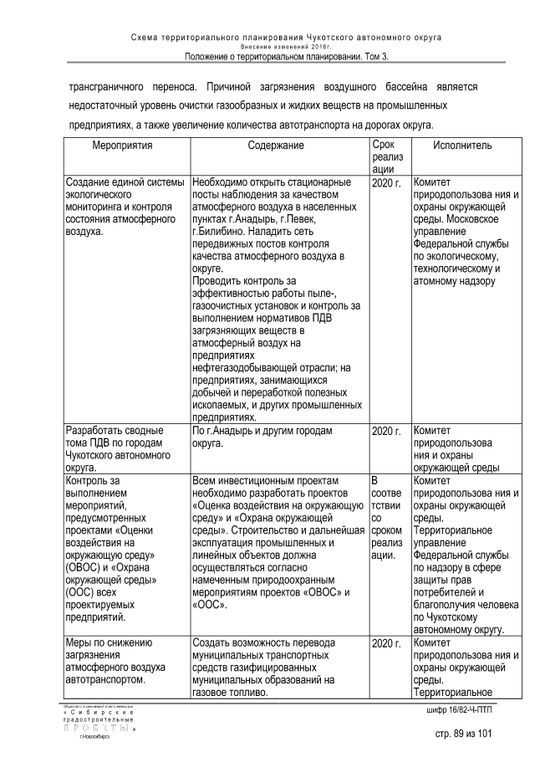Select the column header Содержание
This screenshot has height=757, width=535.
pos(276,146)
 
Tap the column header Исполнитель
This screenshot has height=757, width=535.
pos(462,146)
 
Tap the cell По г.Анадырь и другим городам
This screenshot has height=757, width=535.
pos(262,437)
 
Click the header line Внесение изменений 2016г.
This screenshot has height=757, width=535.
pos(287,47)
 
